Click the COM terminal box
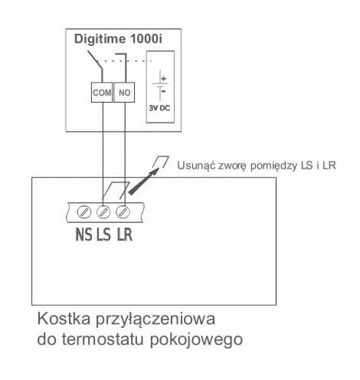pyautogui.click(x=102, y=92)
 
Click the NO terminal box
pyautogui.click(x=124, y=92)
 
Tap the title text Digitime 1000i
pyautogui.click(x=118, y=39)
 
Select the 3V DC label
pyautogui.click(x=159, y=108)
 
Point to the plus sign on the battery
pyautogui.click(x=164, y=79)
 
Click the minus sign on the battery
pyautogui.click(x=164, y=91)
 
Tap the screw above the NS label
pyautogui.click(x=84, y=212)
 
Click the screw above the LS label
pyautogui.click(x=103, y=212)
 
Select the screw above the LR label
pyautogui.click(x=123, y=212)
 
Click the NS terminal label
pyautogui.click(x=83, y=234)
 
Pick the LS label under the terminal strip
pyautogui.click(x=103, y=234)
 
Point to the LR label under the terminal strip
pyautogui.click(x=125, y=234)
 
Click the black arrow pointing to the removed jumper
pyautogui.click(x=143, y=182)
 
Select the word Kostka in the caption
pyautogui.click(x=64, y=319)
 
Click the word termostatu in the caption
pyautogui.click(x=104, y=339)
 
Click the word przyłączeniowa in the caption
pyautogui.click(x=155, y=320)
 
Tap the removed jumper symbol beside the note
pyautogui.click(x=160, y=162)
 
